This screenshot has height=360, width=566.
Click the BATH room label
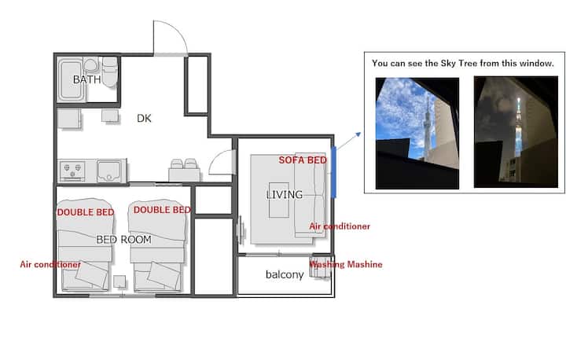(x=86, y=79)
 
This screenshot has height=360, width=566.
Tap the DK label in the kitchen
(x=144, y=119)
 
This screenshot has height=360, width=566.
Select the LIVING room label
(x=284, y=195)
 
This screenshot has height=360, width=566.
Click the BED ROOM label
(x=124, y=240)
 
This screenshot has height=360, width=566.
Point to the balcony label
(x=285, y=274)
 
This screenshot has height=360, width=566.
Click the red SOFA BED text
(x=303, y=160)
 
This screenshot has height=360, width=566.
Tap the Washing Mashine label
(x=346, y=264)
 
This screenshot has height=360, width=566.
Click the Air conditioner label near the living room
(x=340, y=226)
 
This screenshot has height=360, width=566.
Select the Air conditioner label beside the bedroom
(x=50, y=264)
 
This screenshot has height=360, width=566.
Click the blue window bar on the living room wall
(x=333, y=172)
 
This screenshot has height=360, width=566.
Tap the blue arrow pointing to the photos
(x=349, y=141)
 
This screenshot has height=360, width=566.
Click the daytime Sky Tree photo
(x=417, y=134)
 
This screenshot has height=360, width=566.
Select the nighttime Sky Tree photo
(x=516, y=132)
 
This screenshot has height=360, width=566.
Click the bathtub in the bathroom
(x=71, y=79)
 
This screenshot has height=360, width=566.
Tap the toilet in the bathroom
(x=110, y=72)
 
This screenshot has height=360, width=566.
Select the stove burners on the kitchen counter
(x=72, y=171)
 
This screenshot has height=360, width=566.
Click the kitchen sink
(x=108, y=171)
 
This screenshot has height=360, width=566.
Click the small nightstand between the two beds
(x=119, y=281)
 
